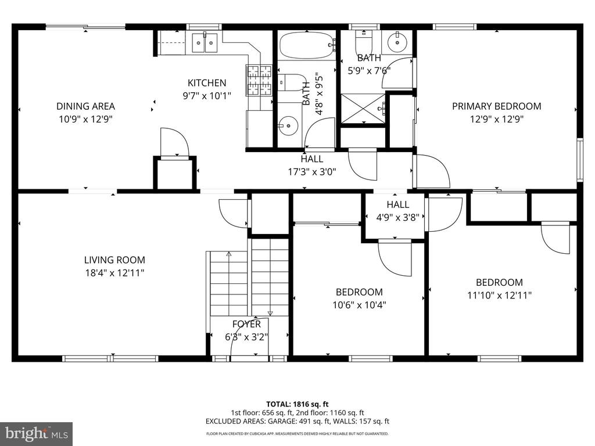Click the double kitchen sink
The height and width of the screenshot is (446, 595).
(x=205, y=42)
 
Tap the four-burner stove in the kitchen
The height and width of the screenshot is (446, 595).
(x=260, y=80)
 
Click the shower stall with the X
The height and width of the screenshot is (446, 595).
(x=363, y=109)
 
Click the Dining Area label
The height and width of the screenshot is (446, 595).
(x=86, y=106)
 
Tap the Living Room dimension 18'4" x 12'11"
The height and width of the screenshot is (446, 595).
(x=114, y=273)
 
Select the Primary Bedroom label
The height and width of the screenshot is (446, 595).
(x=496, y=106)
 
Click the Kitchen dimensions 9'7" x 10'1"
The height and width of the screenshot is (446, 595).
(x=207, y=96)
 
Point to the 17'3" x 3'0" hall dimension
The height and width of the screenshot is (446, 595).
(x=312, y=172)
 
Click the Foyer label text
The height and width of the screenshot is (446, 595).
(x=246, y=324)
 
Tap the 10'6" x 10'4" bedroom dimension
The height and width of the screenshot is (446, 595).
(x=359, y=304)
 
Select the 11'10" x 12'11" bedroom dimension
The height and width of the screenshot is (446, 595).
(x=499, y=295)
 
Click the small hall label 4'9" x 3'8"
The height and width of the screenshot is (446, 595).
(x=397, y=217)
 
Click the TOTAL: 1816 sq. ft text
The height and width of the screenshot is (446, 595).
(x=297, y=404)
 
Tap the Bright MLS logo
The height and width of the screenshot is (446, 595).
(x=37, y=433)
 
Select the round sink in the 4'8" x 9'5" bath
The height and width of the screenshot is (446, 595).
(x=288, y=125)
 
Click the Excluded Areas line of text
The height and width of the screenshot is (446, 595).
(x=297, y=421)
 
